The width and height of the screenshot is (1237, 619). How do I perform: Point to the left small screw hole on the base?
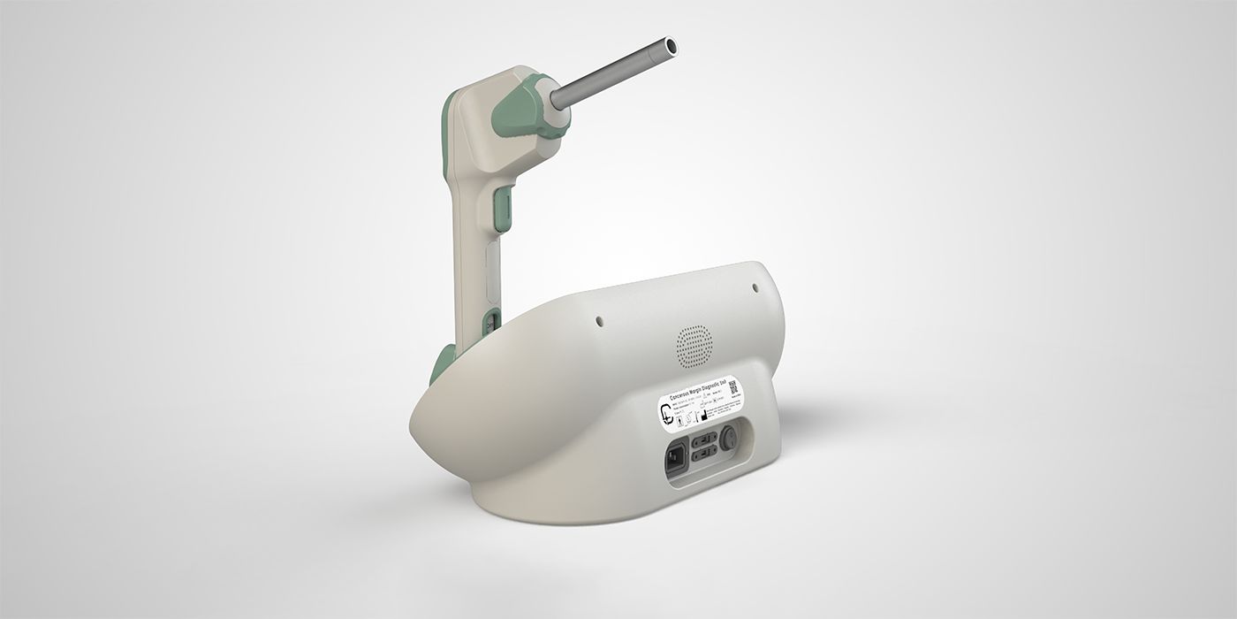[599, 322]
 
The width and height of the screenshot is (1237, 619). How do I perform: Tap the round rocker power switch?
[730, 437]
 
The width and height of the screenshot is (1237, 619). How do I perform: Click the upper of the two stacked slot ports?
[703, 439]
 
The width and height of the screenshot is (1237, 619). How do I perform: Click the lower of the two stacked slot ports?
[704, 455]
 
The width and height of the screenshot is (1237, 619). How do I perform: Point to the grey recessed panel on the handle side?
[490, 270]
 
